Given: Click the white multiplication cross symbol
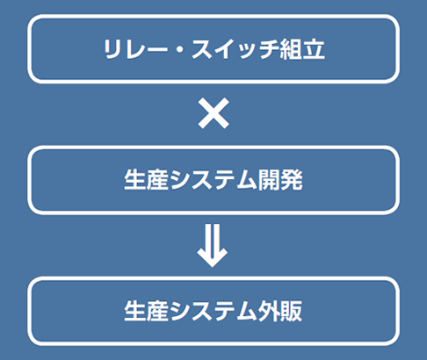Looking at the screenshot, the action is coord(213,113).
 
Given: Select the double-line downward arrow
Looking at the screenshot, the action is coord(213,246).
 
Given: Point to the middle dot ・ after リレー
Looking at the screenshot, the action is coord(180,50).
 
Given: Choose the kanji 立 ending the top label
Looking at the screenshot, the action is coord(314,49).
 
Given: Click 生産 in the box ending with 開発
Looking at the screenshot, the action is coord(147,180).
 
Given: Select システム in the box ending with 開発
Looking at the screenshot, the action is coord(213,180).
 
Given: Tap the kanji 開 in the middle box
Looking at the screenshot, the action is coord(269,180).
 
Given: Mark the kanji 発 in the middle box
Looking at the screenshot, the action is coord(292,180).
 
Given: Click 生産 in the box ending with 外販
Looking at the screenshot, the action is coord(147,311).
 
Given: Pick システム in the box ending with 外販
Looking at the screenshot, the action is coord(213,311).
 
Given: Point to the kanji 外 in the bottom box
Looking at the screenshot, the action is coord(269,311).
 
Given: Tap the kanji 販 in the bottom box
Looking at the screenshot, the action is coord(292,311).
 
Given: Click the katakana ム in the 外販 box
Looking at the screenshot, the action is coord(246,311).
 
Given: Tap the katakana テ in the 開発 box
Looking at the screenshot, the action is coord(225,180).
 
